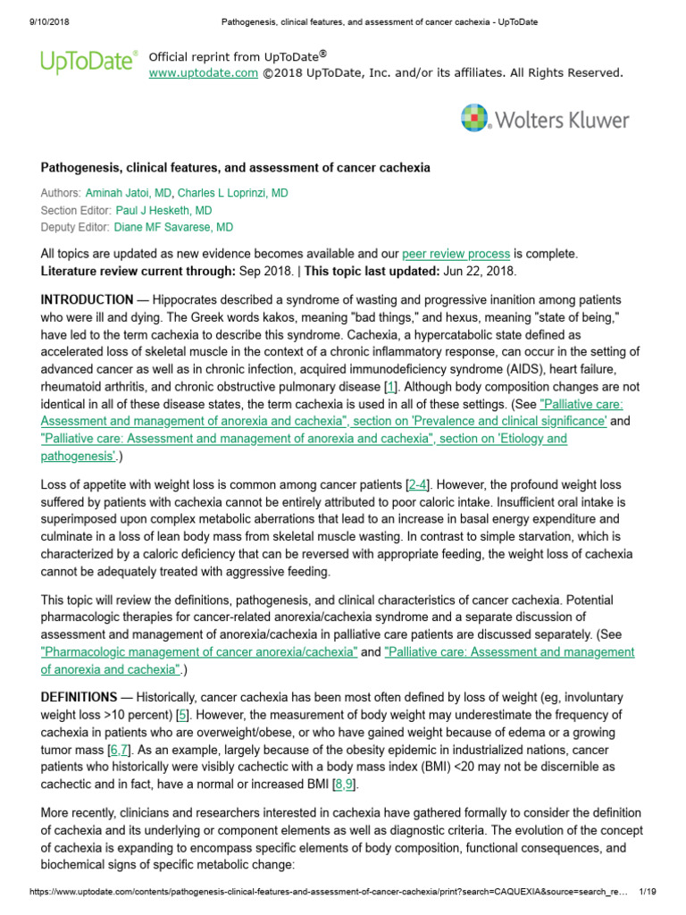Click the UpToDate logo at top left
pos(88,62)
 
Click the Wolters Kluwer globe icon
pos(475,119)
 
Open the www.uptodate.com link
pos(203,72)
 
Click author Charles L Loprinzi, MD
pos(233,193)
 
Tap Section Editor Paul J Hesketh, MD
pos(164,210)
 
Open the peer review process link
pos(456,254)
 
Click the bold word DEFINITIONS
pos(79,696)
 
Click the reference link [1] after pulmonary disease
pos(389,387)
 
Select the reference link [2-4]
pos(417,484)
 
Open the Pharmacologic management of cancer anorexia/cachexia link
pos(199,652)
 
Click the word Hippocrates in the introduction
pos(179,299)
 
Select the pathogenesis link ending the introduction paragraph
pos(77,456)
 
